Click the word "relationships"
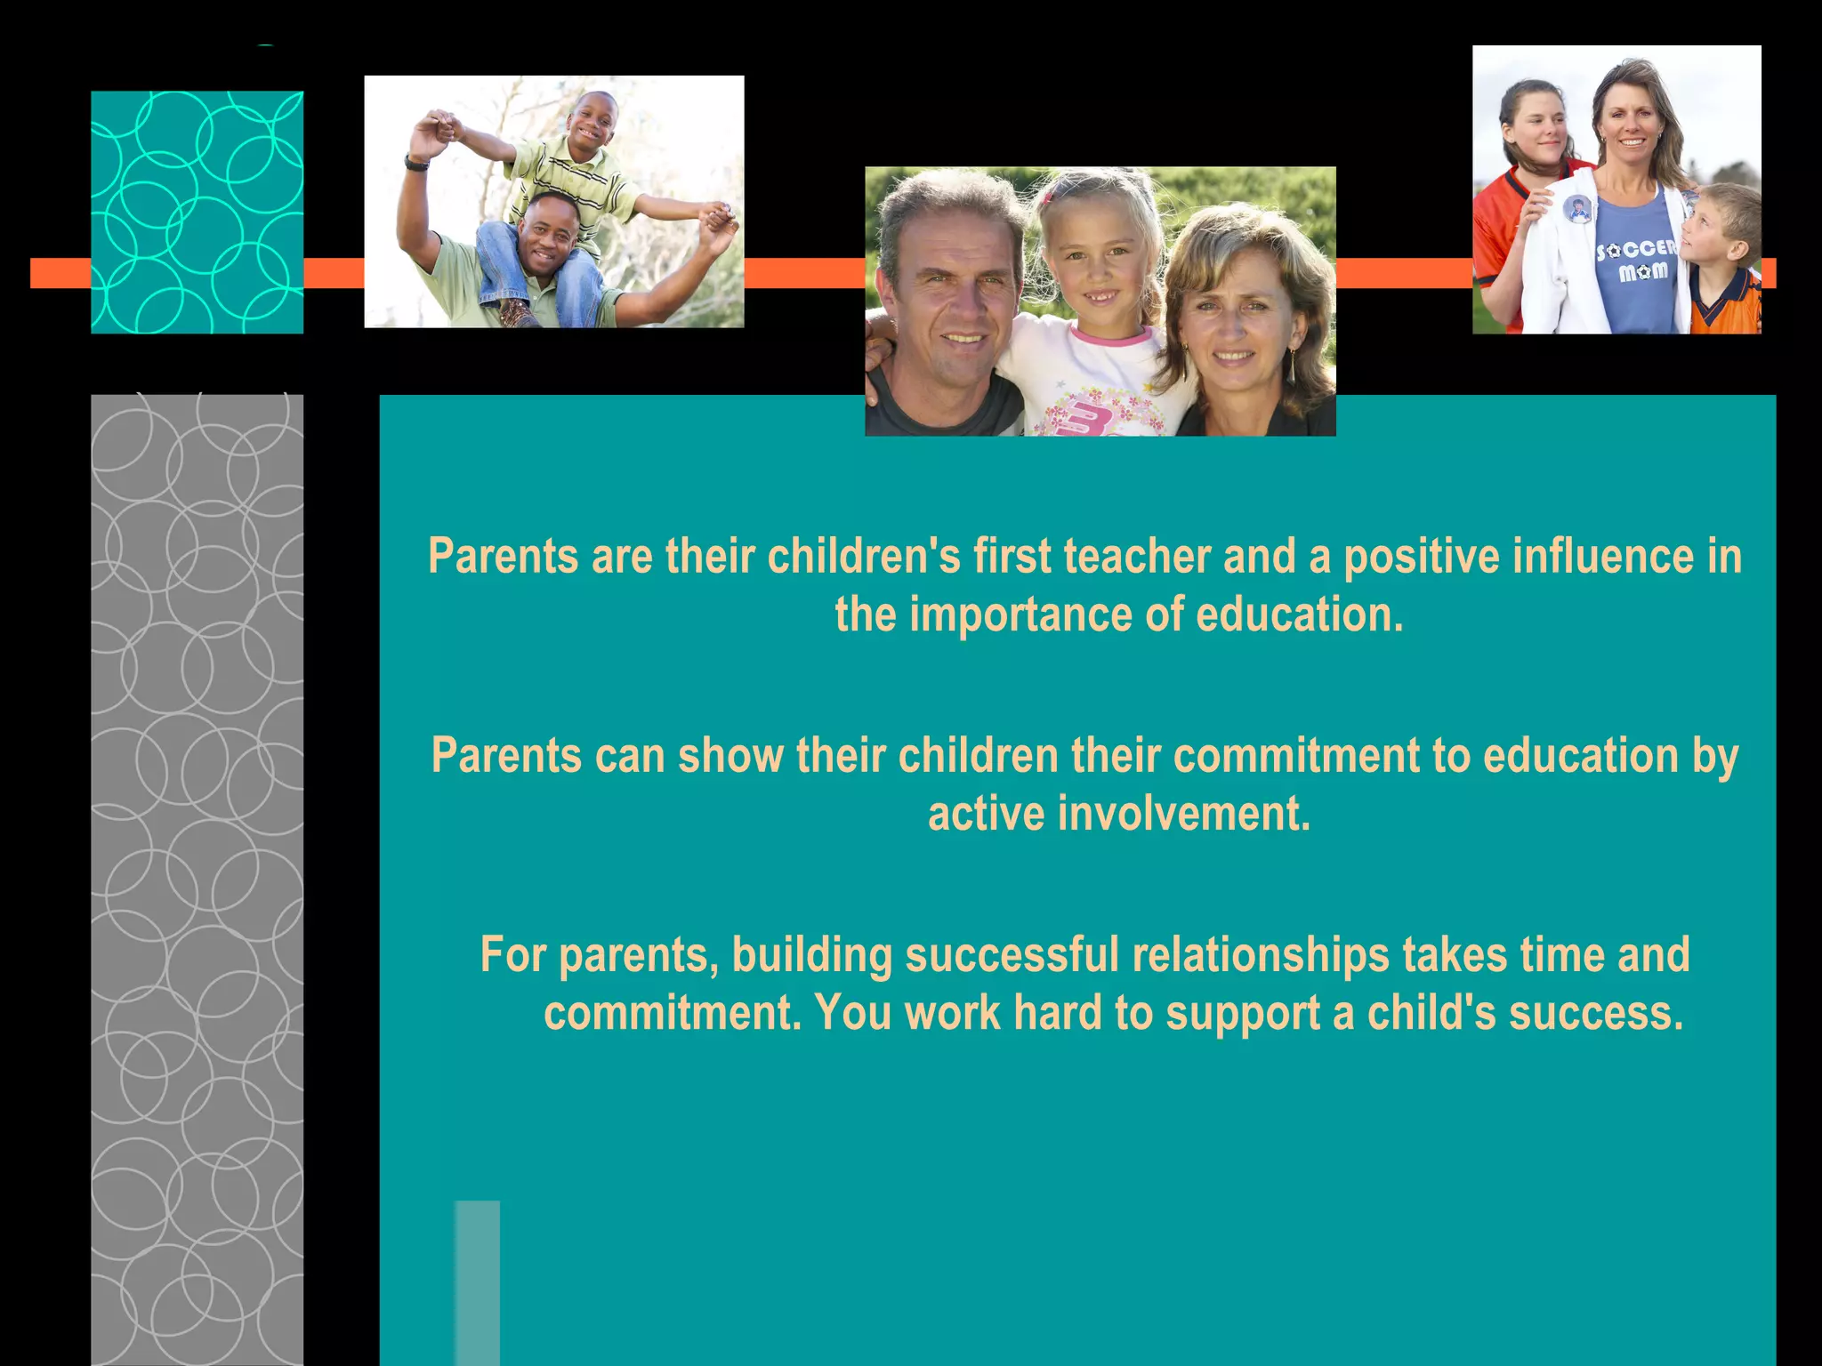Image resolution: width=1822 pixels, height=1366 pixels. tap(1261, 955)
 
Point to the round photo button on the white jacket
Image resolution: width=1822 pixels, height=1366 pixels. tap(1577, 210)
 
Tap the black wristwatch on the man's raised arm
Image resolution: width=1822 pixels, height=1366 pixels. tap(415, 162)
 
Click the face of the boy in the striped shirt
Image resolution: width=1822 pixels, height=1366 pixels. tap(592, 120)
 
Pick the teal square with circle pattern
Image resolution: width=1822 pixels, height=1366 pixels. tap(197, 212)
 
